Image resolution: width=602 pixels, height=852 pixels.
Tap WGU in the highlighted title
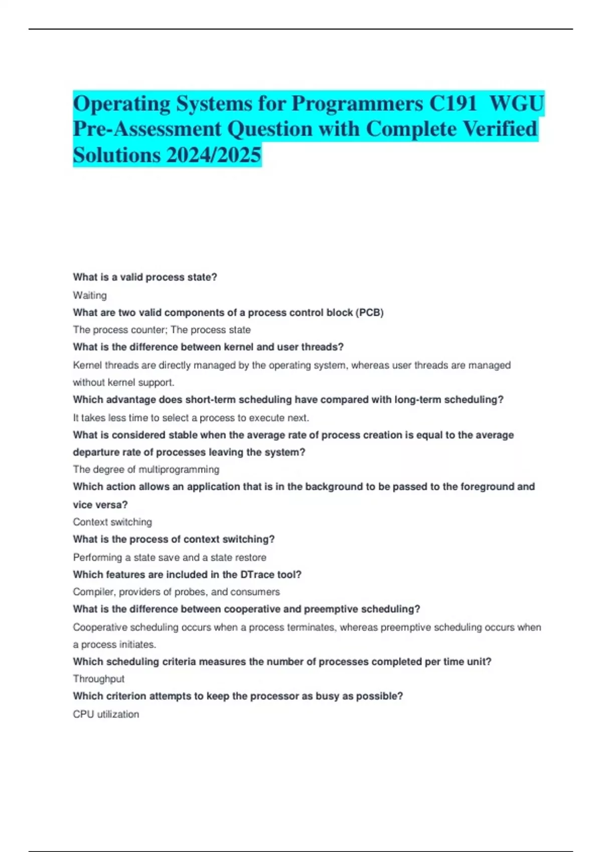click(x=516, y=104)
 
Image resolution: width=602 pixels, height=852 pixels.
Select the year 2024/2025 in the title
click(x=214, y=155)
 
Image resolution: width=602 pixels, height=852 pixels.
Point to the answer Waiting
click(x=90, y=295)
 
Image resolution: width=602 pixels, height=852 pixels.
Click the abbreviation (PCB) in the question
click(x=369, y=313)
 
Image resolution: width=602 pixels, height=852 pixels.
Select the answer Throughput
click(x=98, y=679)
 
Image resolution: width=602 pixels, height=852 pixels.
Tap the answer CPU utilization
click(x=106, y=714)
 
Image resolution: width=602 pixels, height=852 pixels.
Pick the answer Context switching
click(x=112, y=522)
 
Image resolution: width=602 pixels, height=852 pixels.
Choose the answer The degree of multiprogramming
click(x=146, y=469)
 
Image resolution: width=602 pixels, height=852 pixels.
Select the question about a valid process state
click(x=145, y=277)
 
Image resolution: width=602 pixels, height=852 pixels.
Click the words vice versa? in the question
click(x=100, y=505)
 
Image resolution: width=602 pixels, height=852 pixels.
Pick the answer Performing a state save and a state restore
click(x=170, y=557)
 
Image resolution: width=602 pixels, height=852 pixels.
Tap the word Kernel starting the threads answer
click(x=87, y=365)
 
